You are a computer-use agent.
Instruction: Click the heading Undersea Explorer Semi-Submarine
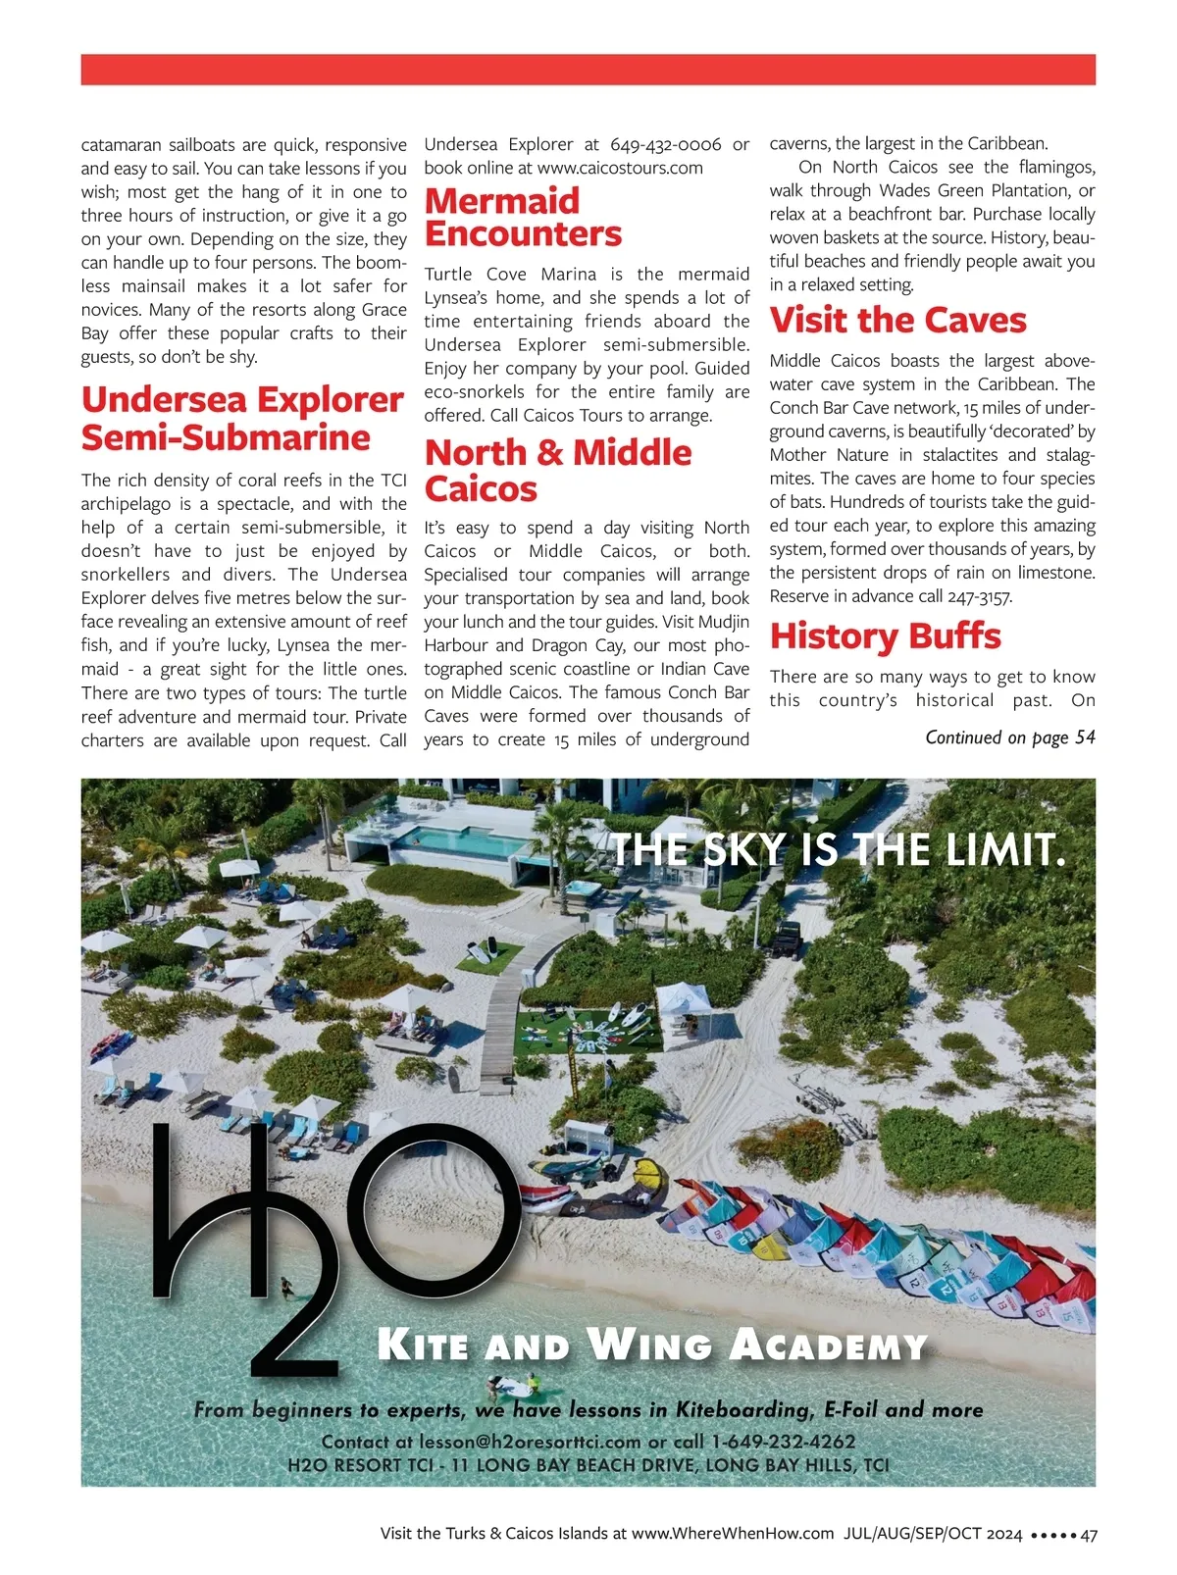pyautogui.click(x=241, y=419)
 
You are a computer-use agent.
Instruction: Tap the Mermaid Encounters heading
pyautogui.click(x=523, y=218)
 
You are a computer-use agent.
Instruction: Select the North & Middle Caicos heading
pyautogui.click(x=558, y=471)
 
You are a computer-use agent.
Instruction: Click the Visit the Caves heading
pyautogui.click(x=897, y=321)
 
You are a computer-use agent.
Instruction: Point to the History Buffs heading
pyautogui.click(x=885, y=636)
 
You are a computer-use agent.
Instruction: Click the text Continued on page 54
pyautogui.click(x=1009, y=737)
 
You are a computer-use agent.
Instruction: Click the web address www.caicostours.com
pyautogui.click(x=620, y=168)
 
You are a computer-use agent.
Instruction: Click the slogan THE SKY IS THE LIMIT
pyautogui.click(x=839, y=849)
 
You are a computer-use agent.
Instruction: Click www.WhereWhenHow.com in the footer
pyautogui.click(x=733, y=1534)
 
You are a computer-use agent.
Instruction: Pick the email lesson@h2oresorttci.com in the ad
pyautogui.click(x=530, y=1442)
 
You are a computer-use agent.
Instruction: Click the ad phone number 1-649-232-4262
pyautogui.click(x=784, y=1442)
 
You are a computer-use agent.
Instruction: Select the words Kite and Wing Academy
pyautogui.click(x=652, y=1345)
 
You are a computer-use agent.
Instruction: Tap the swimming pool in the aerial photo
pyautogui.click(x=460, y=839)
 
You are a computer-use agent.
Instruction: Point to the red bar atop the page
pyautogui.click(x=588, y=70)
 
